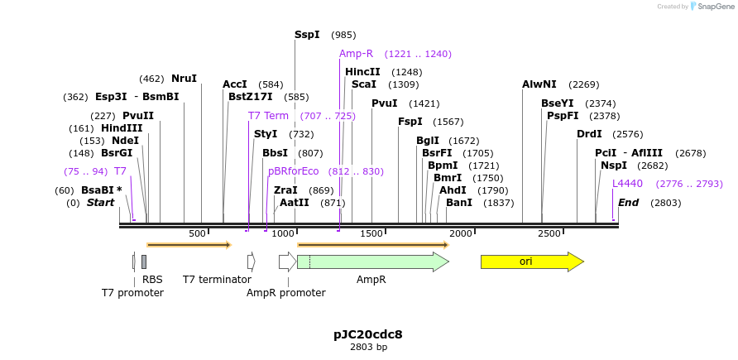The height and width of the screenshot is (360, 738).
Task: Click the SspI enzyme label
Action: (x=307, y=35)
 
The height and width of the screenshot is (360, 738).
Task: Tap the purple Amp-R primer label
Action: (x=356, y=54)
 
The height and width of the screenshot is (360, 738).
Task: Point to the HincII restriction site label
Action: (x=362, y=72)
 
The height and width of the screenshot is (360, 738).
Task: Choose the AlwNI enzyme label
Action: (x=539, y=84)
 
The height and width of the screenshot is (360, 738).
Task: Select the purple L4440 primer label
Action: (x=627, y=184)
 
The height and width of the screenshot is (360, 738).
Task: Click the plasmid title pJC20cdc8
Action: (x=368, y=334)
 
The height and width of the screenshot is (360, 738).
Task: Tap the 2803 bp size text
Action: (x=368, y=348)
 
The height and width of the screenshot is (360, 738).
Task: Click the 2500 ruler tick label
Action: (x=549, y=234)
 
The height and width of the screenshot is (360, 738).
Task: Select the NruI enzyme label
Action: (x=184, y=79)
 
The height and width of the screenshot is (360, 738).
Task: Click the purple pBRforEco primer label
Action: (x=293, y=171)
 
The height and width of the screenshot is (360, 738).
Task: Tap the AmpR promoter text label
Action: (x=286, y=293)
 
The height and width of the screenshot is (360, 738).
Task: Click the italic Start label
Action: (x=100, y=203)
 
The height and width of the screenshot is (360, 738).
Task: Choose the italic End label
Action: (x=629, y=203)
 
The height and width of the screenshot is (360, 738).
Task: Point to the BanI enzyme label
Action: (x=459, y=203)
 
